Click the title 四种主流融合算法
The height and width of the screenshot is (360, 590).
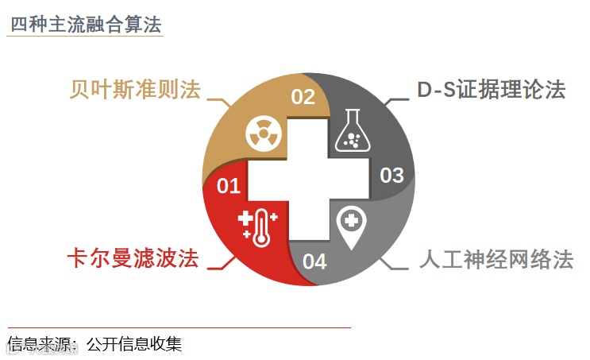tap(85, 23)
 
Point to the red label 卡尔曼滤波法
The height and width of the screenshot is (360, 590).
tap(132, 259)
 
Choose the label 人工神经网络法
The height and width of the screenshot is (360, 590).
tap(496, 260)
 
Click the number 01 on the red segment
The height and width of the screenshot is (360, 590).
tap(229, 186)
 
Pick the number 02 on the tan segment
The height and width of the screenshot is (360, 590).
tap(303, 97)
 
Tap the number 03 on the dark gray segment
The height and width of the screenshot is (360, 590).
tap(392, 175)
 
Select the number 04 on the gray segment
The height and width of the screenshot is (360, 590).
tap(314, 261)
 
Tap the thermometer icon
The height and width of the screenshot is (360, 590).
tap(257, 226)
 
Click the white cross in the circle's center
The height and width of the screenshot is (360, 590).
tap(307, 180)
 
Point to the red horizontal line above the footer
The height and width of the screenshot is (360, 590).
tap(179, 327)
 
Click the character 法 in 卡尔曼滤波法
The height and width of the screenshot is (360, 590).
tap(187, 259)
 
